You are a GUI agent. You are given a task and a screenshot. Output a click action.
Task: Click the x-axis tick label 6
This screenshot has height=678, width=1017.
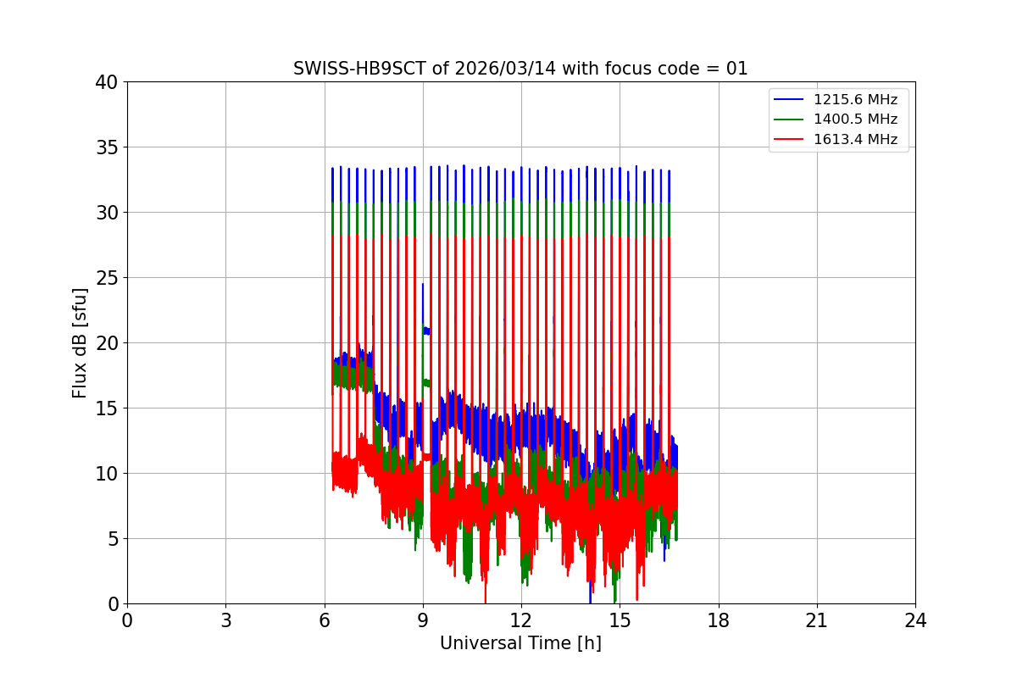324,620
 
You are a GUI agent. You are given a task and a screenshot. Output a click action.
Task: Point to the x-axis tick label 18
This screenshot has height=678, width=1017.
718,620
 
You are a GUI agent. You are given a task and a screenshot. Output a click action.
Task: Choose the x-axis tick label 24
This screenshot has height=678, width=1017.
914,620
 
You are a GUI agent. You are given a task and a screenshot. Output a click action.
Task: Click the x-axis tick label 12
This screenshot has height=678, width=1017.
521,620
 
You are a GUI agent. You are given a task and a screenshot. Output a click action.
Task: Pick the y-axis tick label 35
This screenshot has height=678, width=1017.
107,147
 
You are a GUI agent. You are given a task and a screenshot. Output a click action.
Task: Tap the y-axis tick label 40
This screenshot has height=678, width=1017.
107,82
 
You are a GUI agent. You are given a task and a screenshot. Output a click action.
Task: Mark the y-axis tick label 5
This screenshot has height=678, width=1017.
112,539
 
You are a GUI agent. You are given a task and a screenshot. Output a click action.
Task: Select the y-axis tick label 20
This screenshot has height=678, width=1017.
107,343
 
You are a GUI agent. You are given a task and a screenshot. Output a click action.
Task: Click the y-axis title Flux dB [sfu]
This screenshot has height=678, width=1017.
80,342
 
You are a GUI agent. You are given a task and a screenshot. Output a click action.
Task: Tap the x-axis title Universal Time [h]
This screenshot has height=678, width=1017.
520,643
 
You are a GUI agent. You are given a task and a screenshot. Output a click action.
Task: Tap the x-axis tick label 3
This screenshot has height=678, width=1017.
225,620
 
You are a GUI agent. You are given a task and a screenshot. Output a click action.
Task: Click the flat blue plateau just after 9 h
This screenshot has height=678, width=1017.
426,331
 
